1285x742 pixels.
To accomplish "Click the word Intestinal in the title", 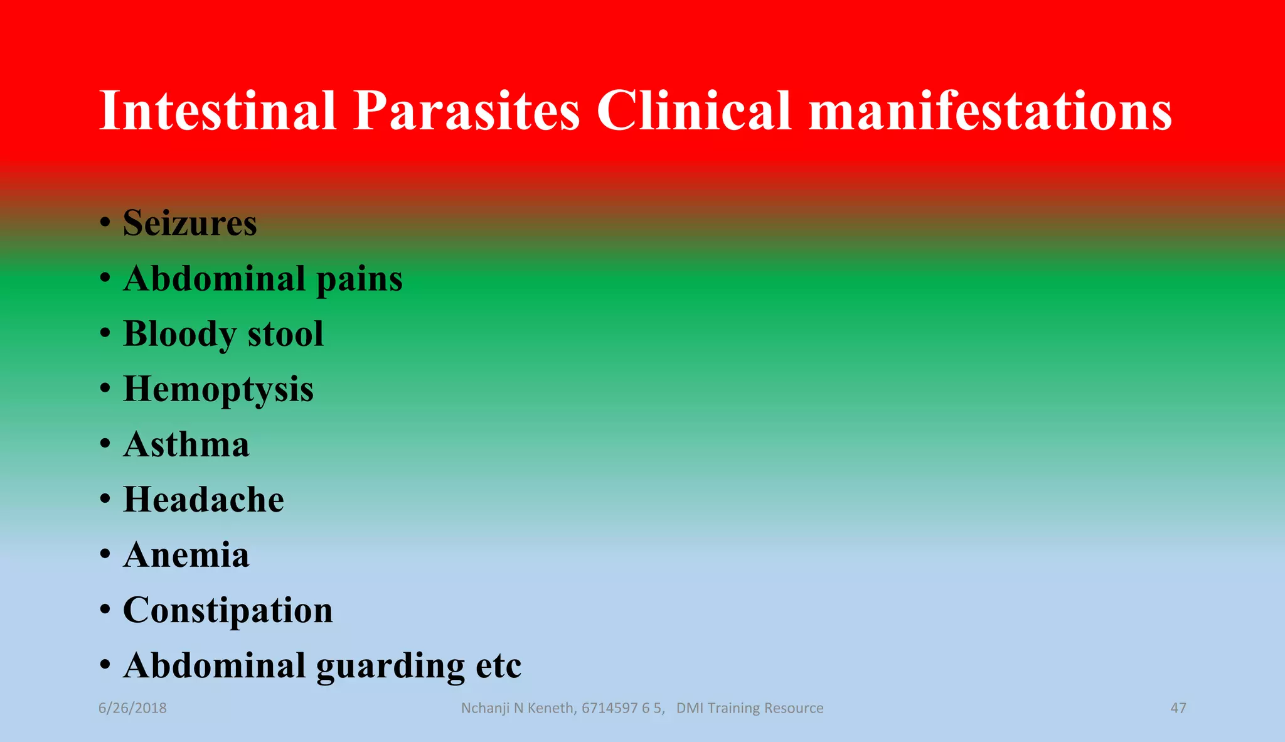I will click(x=218, y=110).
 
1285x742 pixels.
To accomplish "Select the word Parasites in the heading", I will click(x=466, y=110).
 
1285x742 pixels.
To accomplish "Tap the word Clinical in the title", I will click(x=693, y=110).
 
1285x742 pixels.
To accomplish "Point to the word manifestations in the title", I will click(x=990, y=110).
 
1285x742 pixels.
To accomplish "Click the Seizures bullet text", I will click(x=190, y=223).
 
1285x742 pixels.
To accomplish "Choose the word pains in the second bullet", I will click(x=360, y=279).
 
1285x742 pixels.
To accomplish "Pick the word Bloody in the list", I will click(x=179, y=334).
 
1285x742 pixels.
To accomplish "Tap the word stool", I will click(x=285, y=334).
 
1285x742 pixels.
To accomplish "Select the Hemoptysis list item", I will click(x=218, y=390).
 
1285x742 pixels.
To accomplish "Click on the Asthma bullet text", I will click(x=186, y=444).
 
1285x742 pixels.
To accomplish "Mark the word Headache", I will click(x=203, y=500).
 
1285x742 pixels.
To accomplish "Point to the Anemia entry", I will click(x=186, y=555).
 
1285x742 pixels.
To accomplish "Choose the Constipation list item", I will click(x=228, y=610).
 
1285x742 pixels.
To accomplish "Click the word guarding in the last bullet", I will click(x=390, y=667).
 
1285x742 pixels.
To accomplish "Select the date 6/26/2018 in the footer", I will click(x=132, y=708).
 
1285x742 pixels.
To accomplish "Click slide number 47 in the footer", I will click(x=1178, y=708).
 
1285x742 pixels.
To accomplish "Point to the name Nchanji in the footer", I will click(x=486, y=708).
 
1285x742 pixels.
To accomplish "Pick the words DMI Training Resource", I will click(x=750, y=708).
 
